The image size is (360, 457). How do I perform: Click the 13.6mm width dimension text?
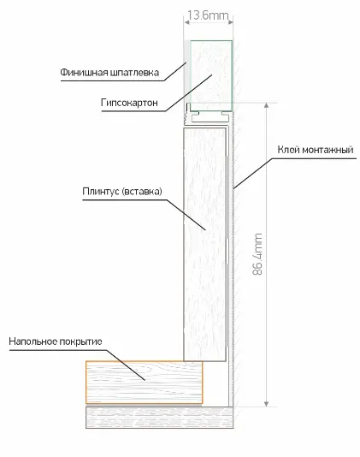[208, 15]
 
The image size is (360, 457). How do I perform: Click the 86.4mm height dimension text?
[257, 254]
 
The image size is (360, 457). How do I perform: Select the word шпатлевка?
[135, 72]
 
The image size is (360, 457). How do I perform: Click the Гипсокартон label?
[130, 103]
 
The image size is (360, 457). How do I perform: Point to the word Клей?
[288, 150]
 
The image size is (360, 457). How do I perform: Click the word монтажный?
[328, 150]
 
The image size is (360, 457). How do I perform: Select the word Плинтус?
[101, 192]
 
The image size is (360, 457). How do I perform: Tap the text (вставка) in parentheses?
[142, 192]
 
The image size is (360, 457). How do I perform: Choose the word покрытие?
[80, 341]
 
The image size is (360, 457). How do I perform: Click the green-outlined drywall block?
[211, 75]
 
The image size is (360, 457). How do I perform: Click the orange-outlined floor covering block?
[145, 383]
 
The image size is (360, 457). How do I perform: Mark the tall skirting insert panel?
[204, 244]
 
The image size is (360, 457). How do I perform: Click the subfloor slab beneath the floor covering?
[159, 418]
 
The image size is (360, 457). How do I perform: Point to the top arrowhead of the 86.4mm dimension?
[266, 105]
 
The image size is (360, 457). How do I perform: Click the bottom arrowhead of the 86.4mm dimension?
[266, 404]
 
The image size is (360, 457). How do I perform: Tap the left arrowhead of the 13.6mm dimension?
[186, 22]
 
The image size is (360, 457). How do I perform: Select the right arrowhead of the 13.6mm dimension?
[230, 22]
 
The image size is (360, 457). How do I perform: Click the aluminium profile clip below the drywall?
[209, 116]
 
